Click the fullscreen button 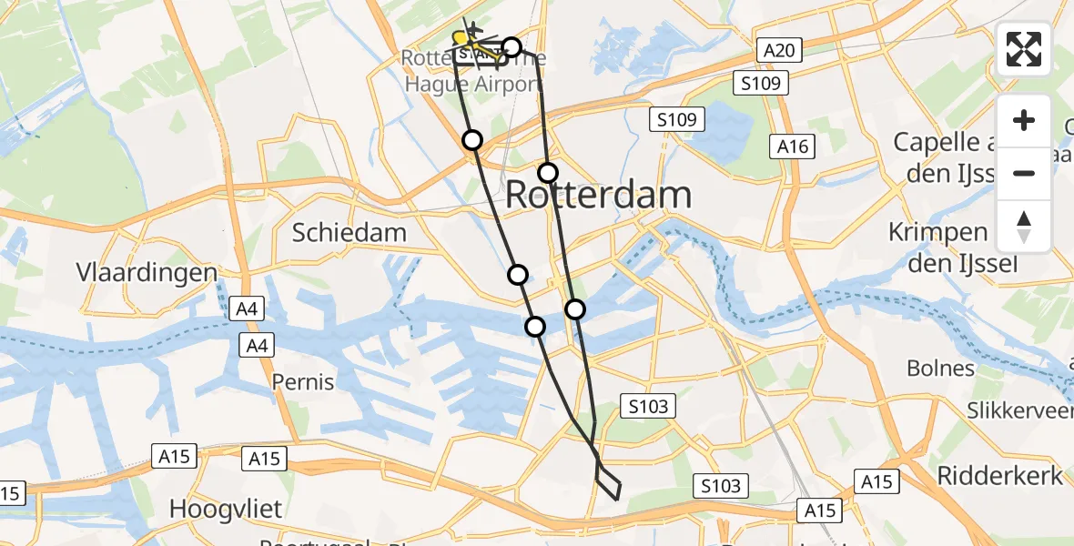coord(1024,49)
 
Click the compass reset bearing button coord(1024,227)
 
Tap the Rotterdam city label coord(598,195)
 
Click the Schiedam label coord(349,232)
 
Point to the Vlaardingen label coord(147,273)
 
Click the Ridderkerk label coord(999,475)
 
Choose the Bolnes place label coord(940,369)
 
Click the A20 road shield coord(779,51)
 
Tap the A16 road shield coord(791,146)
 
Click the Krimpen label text coord(939,232)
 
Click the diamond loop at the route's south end coord(608,480)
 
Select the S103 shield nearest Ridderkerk coord(721,486)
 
